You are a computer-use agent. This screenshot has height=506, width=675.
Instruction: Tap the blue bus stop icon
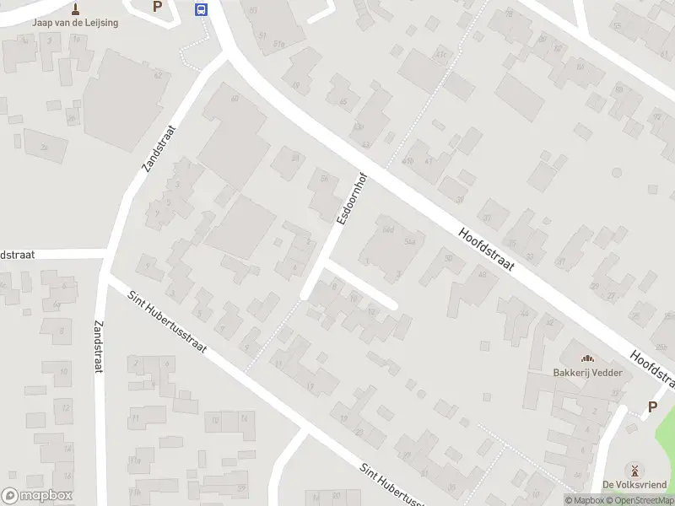pyautogui.click(x=202, y=9)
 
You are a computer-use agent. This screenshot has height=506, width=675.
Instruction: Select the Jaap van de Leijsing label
pyautogui.click(x=75, y=23)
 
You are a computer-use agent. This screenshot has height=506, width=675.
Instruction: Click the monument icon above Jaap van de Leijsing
pyautogui.click(x=75, y=8)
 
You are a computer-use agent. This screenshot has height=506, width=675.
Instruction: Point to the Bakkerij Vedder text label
pyautogui.click(x=587, y=373)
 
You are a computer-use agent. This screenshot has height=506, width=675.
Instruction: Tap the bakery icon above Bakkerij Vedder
pyautogui.click(x=587, y=358)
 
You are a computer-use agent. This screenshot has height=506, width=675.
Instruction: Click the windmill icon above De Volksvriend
pyautogui.click(x=632, y=470)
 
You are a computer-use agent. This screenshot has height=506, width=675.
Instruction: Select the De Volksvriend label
pyautogui.click(x=632, y=484)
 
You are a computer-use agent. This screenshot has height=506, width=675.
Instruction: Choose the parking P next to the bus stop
pyautogui.click(x=157, y=7)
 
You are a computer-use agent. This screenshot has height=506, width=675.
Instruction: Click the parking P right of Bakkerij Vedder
pyautogui.click(x=652, y=406)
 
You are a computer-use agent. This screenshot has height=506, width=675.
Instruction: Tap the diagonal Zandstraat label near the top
pyautogui.click(x=159, y=149)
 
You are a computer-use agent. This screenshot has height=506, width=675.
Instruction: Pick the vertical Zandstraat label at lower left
pyautogui.click(x=100, y=347)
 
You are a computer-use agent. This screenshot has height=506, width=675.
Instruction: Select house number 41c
pyautogui.click(x=440, y=54)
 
